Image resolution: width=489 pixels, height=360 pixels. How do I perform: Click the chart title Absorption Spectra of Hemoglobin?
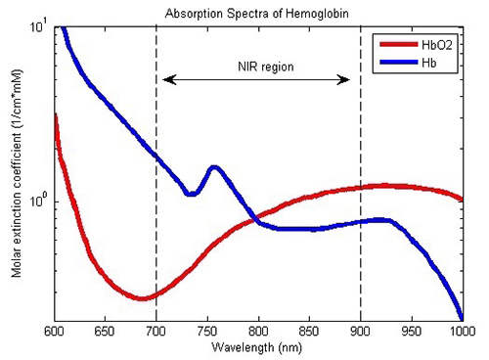[258, 13]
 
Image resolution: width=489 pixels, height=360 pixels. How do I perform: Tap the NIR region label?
[256, 67]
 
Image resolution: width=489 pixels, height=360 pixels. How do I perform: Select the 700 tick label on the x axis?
[156, 332]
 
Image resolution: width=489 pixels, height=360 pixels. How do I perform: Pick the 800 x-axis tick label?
[258, 332]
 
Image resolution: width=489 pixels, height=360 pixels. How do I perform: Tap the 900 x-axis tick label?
[360, 332]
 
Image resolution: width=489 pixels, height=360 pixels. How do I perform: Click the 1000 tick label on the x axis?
[461, 332]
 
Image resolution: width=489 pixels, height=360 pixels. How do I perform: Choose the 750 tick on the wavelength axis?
[207, 332]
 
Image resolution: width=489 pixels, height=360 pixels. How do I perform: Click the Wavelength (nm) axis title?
[258, 348]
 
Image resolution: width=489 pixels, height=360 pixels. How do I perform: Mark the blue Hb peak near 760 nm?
[213, 167]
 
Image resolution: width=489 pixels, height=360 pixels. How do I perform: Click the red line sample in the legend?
[396, 45]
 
